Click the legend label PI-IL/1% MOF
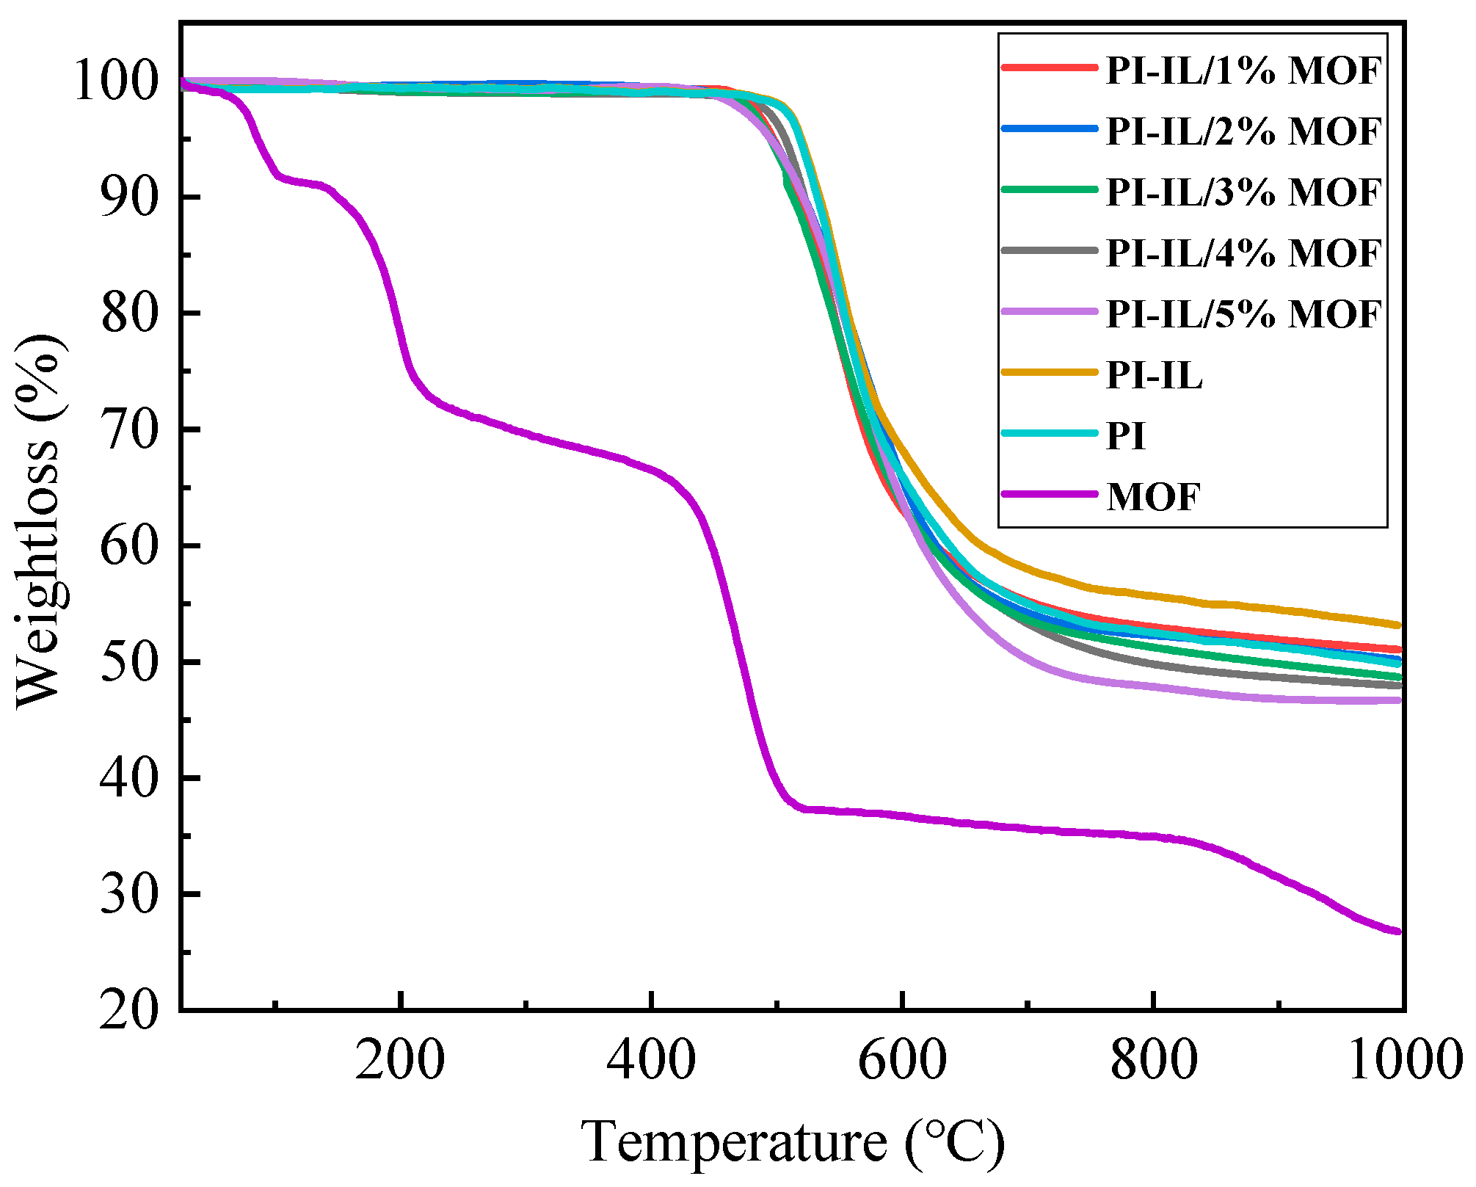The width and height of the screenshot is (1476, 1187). [x=1243, y=70]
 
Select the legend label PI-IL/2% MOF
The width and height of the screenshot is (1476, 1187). [x=1243, y=131]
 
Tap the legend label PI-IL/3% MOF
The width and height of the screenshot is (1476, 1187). [x=1243, y=192]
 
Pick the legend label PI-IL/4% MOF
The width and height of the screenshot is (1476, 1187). [x=1243, y=253]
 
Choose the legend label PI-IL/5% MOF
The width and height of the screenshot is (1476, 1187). [x=1243, y=314]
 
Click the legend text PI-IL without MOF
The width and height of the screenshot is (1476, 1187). [x=1155, y=375]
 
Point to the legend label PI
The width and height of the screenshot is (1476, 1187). [x=1126, y=436]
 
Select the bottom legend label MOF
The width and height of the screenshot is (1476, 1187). [x=1153, y=497]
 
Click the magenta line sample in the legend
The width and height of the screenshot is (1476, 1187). [x=1050, y=494]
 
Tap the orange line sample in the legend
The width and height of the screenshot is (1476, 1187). [x=1050, y=372]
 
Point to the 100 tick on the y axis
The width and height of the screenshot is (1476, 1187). [x=116, y=81]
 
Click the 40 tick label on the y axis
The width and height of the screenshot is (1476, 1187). [x=129, y=779]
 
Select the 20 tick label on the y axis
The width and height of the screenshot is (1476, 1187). [x=129, y=1012]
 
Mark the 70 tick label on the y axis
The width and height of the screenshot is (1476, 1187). [x=129, y=430]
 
